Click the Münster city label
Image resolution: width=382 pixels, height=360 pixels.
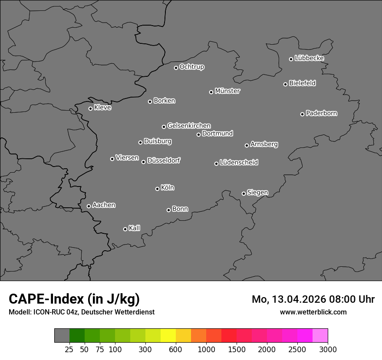(x=227, y=91)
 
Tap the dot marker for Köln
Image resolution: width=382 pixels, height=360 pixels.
(x=157, y=189)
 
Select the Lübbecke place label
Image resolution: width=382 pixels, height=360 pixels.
(x=309, y=58)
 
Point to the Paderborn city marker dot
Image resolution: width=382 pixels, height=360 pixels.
(x=302, y=114)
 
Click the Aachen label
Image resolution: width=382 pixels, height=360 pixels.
(x=104, y=205)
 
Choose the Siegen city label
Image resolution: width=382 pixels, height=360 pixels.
(x=257, y=193)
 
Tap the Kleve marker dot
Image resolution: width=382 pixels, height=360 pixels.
(x=90, y=108)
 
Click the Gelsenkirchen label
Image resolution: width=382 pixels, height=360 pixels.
(x=189, y=126)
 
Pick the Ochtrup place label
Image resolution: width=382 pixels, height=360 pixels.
(x=191, y=67)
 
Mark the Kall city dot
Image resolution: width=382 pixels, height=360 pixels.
(x=125, y=229)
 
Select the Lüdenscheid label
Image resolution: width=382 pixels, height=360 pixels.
(x=239, y=163)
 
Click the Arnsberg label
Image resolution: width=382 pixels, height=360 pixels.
(x=264, y=144)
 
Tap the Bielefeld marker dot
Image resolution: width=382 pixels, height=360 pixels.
(x=285, y=84)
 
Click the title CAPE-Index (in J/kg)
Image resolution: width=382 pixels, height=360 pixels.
(x=74, y=299)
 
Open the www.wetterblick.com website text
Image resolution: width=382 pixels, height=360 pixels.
(x=313, y=312)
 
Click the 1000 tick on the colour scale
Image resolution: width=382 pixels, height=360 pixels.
(x=206, y=349)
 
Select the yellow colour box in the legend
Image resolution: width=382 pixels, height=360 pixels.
(x=168, y=336)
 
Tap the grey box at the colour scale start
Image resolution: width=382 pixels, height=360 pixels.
(x=62, y=336)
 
